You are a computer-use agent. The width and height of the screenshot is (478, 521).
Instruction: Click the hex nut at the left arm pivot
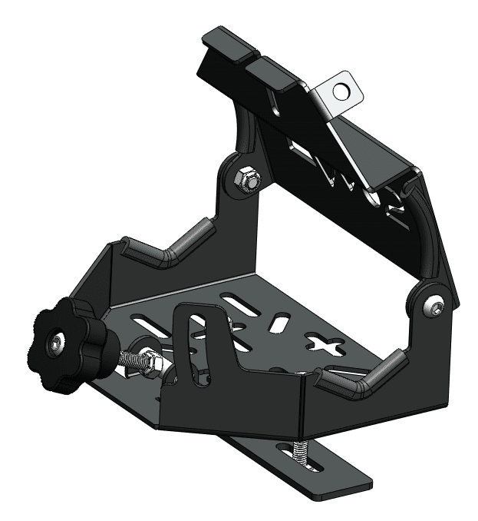point(250,181)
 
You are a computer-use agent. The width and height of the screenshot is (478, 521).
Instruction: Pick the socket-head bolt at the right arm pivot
point(435,307)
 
